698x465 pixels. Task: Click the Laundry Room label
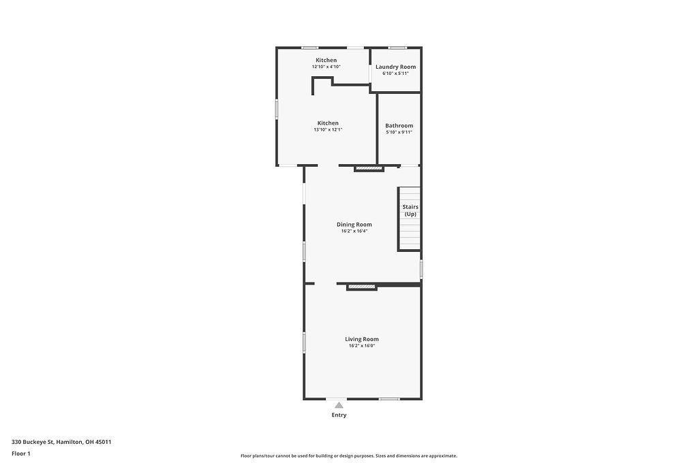click(x=395, y=67)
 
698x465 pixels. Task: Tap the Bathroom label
click(x=399, y=125)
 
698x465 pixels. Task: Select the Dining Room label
click(x=354, y=224)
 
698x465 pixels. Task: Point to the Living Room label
click(x=361, y=339)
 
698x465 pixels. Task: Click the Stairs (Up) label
click(x=410, y=210)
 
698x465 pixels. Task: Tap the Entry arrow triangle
click(x=339, y=405)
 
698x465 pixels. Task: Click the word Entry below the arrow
click(x=339, y=415)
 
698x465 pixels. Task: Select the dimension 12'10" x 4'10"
click(x=326, y=67)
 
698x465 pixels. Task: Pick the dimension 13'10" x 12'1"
click(x=328, y=129)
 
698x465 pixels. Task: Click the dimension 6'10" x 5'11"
click(x=395, y=74)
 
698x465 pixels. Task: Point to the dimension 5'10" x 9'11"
click(x=399, y=132)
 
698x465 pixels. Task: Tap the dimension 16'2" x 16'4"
click(x=354, y=231)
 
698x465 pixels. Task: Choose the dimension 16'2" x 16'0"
click(x=361, y=346)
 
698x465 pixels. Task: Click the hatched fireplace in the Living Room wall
click(x=362, y=287)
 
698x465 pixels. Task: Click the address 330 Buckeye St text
click(x=61, y=442)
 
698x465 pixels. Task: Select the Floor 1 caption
click(x=21, y=453)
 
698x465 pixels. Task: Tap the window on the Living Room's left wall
click(x=304, y=342)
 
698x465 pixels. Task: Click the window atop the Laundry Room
click(x=397, y=48)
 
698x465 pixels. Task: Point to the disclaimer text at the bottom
click(x=348, y=456)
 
